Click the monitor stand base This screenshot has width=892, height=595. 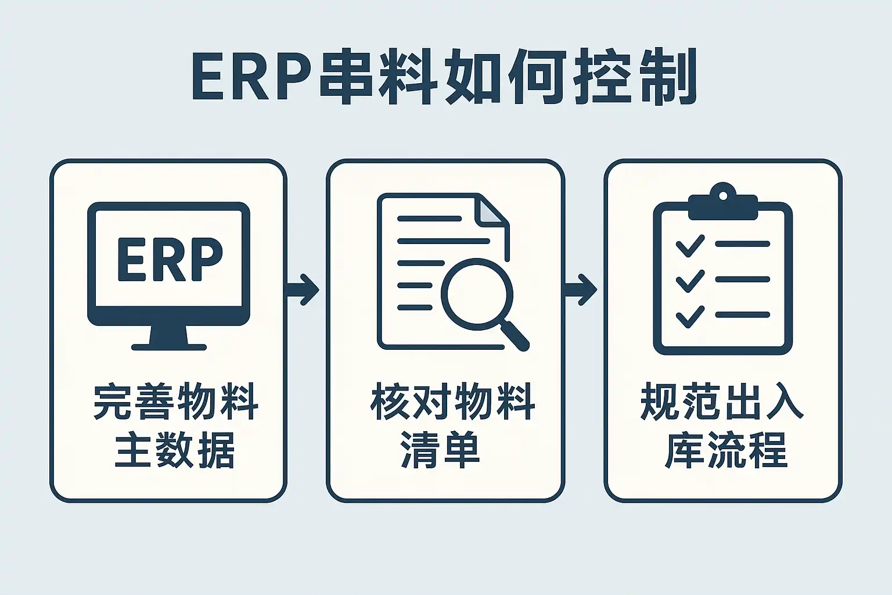(169, 346)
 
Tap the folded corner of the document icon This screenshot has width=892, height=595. (489, 210)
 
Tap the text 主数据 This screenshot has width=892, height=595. (175, 450)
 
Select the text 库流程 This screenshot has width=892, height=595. (725, 450)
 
